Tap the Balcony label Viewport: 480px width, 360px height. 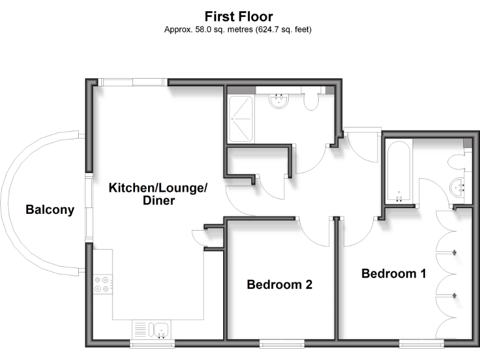(49, 210)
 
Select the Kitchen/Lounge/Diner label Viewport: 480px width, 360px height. (157, 194)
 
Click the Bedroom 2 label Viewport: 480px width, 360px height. (279, 284)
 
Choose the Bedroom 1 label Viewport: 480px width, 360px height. (394, 273)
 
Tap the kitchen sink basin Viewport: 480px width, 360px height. (161, 329)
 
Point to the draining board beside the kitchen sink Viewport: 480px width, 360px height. (141, 329)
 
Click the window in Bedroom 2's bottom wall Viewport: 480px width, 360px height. (282, 342)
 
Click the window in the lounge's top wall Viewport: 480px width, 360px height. (132, 82)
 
